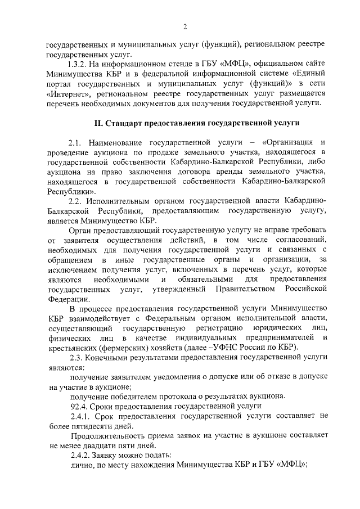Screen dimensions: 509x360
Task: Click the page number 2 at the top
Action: click(x=184, y=26)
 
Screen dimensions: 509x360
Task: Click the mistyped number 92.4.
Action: click(x=77, y=406)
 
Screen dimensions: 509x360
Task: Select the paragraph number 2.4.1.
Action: click(x=79, y=416)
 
